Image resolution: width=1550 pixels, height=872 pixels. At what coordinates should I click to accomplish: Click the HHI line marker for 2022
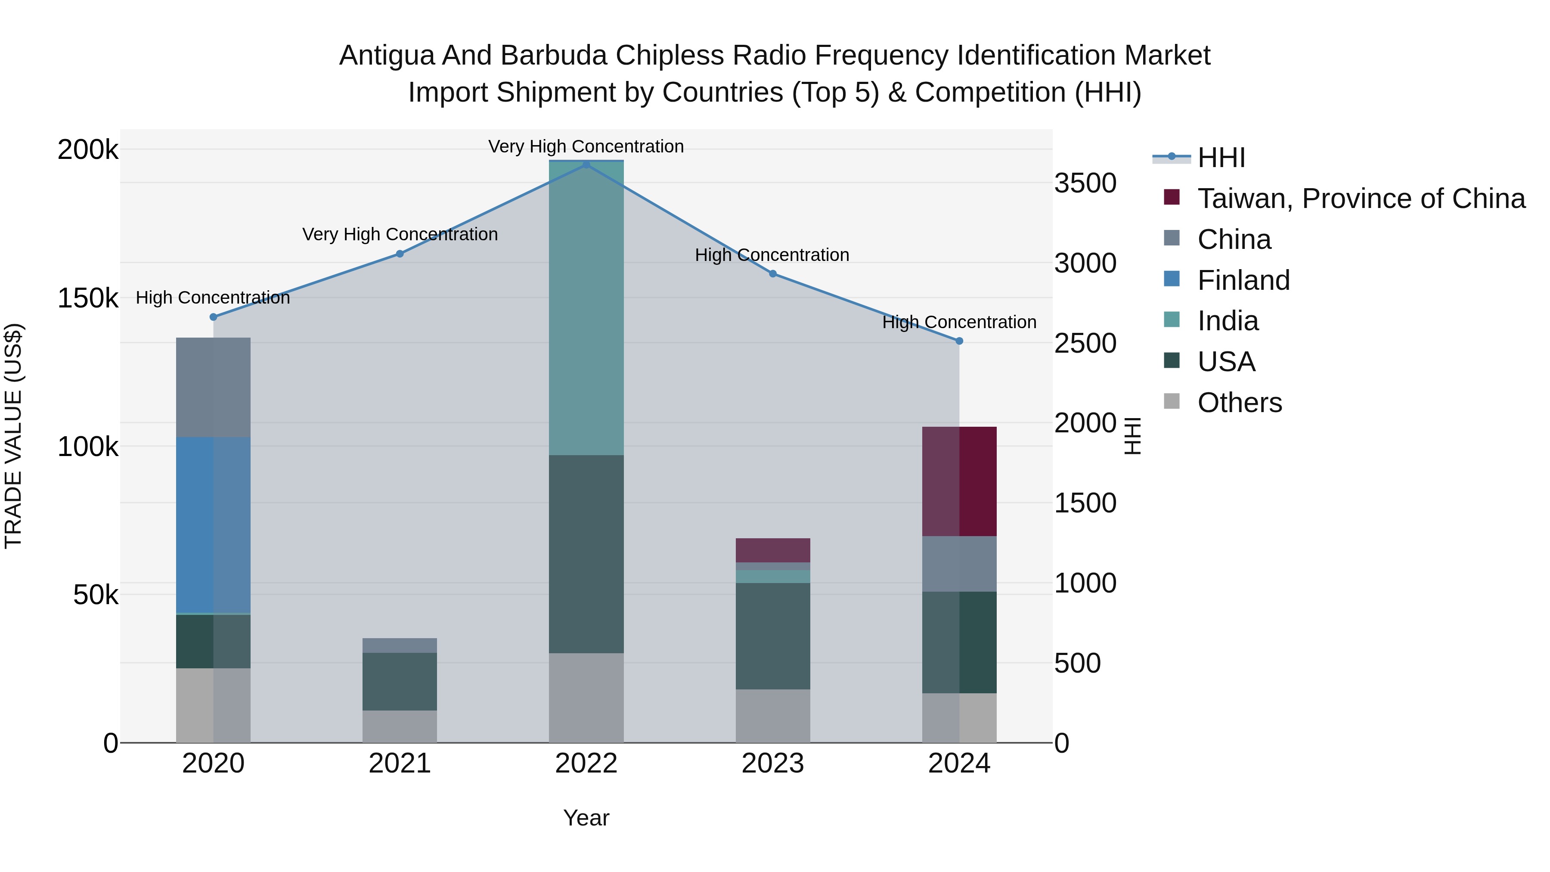(586, 164)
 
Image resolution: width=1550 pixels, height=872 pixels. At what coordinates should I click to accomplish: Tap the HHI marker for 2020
(213, 317)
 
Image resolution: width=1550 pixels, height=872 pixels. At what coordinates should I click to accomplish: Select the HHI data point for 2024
(959, 341)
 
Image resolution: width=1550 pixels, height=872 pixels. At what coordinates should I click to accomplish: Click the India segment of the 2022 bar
(586, 307)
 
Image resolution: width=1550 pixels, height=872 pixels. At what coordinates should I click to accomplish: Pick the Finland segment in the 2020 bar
(213, 525)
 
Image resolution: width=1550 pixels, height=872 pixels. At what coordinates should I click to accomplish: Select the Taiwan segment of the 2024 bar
(959, 481)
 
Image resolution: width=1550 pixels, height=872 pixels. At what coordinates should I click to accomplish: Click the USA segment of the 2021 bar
(400, 681)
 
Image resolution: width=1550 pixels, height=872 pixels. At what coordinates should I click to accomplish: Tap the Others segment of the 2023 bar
(772, 716)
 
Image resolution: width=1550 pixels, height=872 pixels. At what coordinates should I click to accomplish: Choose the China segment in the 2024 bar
(959, 563)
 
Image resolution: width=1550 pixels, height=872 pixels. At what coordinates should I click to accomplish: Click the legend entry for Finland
(1243, 280)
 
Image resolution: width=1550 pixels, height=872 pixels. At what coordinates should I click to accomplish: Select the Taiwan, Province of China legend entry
(1361, 199)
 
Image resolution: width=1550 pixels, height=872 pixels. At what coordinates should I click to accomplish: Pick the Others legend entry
(1240, 403)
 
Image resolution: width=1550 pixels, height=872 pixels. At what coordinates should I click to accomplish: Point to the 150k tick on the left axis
(88, 298)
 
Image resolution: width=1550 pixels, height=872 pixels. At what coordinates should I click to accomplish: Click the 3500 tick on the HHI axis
(1085, 183)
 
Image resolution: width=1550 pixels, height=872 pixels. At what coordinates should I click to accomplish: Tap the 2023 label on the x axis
(772, 763)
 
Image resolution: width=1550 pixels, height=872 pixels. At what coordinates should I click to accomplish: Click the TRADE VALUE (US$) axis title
(13, 436)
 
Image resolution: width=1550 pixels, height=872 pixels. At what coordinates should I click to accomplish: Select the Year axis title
(586, 818)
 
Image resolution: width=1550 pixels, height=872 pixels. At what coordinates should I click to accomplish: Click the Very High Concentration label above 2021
(400, 234)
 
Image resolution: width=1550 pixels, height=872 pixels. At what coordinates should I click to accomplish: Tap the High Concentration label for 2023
(772, 255)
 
